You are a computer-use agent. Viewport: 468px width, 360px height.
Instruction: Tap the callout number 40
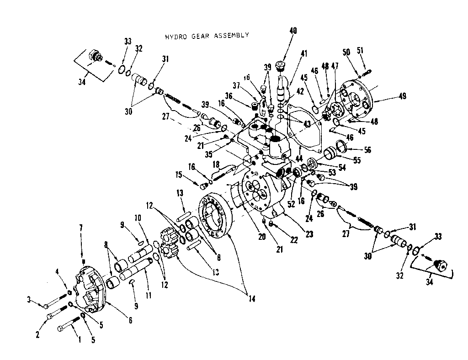(293, 31)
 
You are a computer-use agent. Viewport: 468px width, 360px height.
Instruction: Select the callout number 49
(402, 96)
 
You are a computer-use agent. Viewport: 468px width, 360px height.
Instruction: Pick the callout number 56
(355, 150)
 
